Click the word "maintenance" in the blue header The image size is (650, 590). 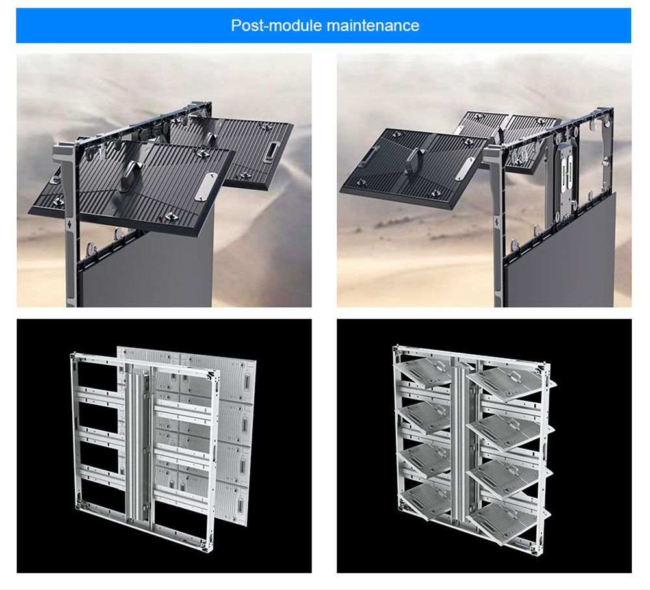(x=372, y=26)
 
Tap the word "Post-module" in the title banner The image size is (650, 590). (x=276, y=26)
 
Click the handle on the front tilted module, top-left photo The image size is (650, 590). (x=131, y=175)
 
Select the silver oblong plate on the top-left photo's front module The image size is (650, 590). (x=205, y=187)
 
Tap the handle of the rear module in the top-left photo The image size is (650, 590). (x=211, y=140)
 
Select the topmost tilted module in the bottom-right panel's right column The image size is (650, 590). (x=511, y=379)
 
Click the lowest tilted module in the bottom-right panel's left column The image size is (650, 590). (x=425, y=502)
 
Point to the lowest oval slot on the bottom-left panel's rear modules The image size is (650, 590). (x=241, y=506)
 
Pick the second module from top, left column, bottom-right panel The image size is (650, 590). (x=424, y=417)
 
